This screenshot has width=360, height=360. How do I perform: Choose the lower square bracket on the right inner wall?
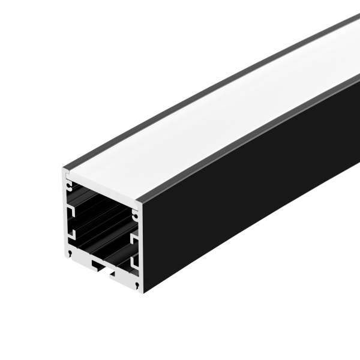[x=135, y=263]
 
